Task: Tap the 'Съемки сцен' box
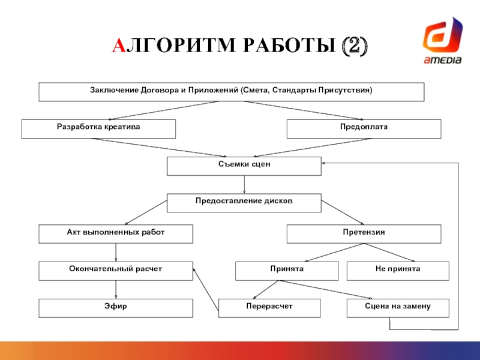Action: click(x=244, y=166)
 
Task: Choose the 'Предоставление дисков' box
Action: click(x=244, y=203)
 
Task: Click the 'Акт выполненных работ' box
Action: click(x=116, y=234)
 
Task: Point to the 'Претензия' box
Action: click(x=364, y=234)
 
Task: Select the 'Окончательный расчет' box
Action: click(x=116, y=271)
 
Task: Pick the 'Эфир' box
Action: click(x=116, y=308)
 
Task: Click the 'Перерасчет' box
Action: click(x=269, y=308)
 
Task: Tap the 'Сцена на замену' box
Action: click(x=398, y=308)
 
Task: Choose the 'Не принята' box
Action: click(x=398, y=271)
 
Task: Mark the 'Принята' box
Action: click(x=287, y=271)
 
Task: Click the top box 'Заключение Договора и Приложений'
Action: click(x=232, y=92)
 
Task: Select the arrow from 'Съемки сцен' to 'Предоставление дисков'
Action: click(x=244, y=184)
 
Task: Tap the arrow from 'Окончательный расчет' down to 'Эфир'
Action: click(x=116, y=290)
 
